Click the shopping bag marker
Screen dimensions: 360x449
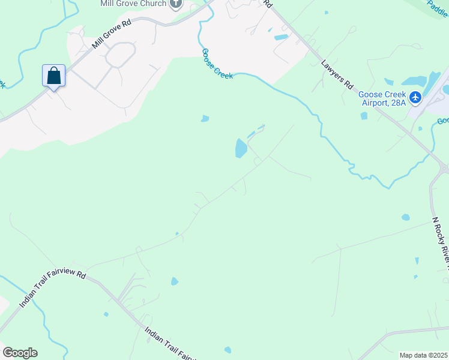coord(53,76)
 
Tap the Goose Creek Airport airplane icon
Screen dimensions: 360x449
coord(415,96)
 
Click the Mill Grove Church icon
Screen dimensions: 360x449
coord(175,5)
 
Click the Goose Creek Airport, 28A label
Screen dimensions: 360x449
coord(382,98)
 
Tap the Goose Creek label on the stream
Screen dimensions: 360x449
coord(217,62)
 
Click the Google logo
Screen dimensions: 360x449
coord(20,353)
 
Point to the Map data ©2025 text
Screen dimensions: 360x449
coord(423,355)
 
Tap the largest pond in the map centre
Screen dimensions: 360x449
coord(241,148)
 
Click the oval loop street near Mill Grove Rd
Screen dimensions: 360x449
coord(121,55)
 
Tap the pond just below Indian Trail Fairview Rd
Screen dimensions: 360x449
coord(174,281)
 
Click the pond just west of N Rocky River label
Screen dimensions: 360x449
coord(406,217)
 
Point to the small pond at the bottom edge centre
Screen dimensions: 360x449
coord(228,350)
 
